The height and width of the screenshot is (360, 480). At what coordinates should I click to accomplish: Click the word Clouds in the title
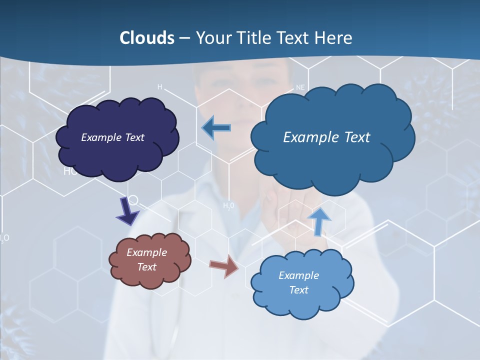tap(146, 38)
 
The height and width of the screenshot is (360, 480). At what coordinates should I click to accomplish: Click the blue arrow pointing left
tap(216, 127)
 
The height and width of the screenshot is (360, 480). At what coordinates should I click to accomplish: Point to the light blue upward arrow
tap(318, 221)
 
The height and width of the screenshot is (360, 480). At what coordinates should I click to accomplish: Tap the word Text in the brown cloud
tap(147, 267)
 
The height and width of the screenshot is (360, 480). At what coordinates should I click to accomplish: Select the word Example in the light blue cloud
tap(298, 275)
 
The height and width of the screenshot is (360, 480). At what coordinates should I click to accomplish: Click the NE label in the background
tap(300, 87)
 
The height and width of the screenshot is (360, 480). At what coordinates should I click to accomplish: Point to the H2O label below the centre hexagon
tap(228, 205)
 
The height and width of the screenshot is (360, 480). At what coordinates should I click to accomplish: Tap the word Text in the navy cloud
tap(134, 137)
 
